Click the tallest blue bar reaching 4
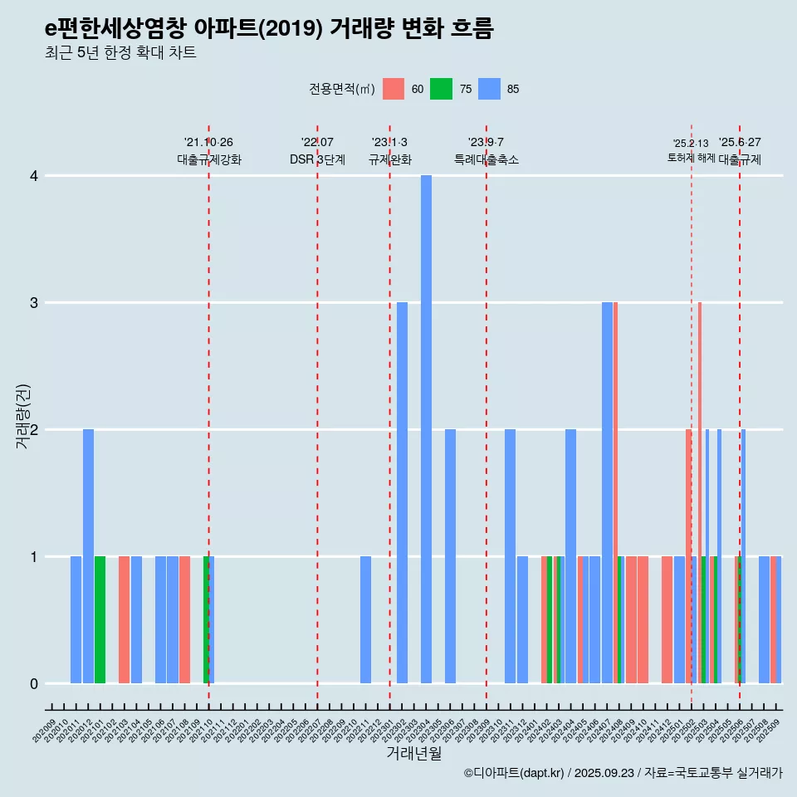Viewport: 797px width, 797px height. (426, 429)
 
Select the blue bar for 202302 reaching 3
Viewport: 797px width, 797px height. (402, 492)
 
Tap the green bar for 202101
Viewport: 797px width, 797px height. (100, 619)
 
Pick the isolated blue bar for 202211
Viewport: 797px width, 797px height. (365, 619)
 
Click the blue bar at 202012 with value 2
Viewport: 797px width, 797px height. (88, 556)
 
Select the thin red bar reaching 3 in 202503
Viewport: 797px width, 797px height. (700, 492)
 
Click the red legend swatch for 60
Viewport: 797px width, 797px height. (394, 90)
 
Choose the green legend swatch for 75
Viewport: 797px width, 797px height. (441, 90)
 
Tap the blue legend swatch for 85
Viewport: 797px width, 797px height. (490, 90)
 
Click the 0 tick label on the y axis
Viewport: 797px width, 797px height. (34, 683)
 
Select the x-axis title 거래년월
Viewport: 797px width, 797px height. (413, 753)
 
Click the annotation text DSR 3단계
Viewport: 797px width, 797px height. (317, 159)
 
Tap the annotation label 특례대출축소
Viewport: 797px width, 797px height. (487, 159)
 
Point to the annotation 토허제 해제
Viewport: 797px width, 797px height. (692, 158)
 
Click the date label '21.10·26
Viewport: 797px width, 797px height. (208, 142)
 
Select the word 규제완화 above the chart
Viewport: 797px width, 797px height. (389, 159)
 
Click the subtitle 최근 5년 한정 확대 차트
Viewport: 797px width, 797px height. (120, 53)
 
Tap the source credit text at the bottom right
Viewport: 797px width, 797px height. (623, 773)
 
